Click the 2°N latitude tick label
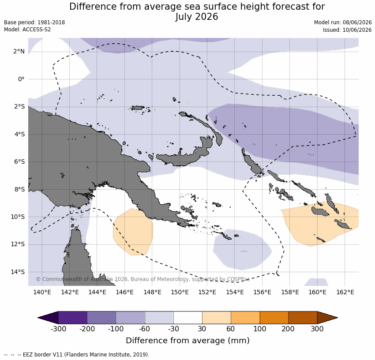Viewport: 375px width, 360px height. coord(19,52)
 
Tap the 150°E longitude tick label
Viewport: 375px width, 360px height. coord(180,292)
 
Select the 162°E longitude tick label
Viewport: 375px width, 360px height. coord(345,292)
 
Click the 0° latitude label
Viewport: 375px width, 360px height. coord(21,79)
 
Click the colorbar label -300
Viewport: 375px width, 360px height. coord(58,329)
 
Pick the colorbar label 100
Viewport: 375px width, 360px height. coord(260,329)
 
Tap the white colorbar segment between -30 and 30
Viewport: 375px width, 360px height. coord(188,318)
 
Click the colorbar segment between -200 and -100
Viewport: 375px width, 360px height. coord(101,318)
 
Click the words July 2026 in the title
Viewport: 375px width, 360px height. coord(197,17)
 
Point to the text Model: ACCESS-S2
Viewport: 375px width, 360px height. coord(27,30)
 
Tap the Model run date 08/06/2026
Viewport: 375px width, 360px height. coord(357,22)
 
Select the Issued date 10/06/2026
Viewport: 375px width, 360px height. coord(357,30)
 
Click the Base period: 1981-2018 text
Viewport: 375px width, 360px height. coord(34,22)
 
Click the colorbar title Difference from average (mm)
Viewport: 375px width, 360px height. coord(188,341)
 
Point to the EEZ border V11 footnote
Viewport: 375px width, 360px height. coord(76,355)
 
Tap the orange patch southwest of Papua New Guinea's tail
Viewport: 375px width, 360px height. coord(133,232)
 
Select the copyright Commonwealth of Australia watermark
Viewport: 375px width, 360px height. coord(143,279)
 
